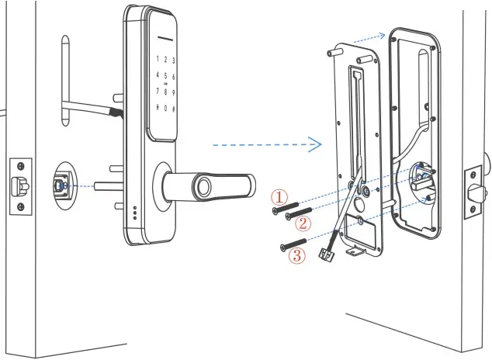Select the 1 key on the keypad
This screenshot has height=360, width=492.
pyautogui.click(x=158, y=59)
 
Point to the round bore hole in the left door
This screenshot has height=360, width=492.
pyautogui.click(x=68, y=185)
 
